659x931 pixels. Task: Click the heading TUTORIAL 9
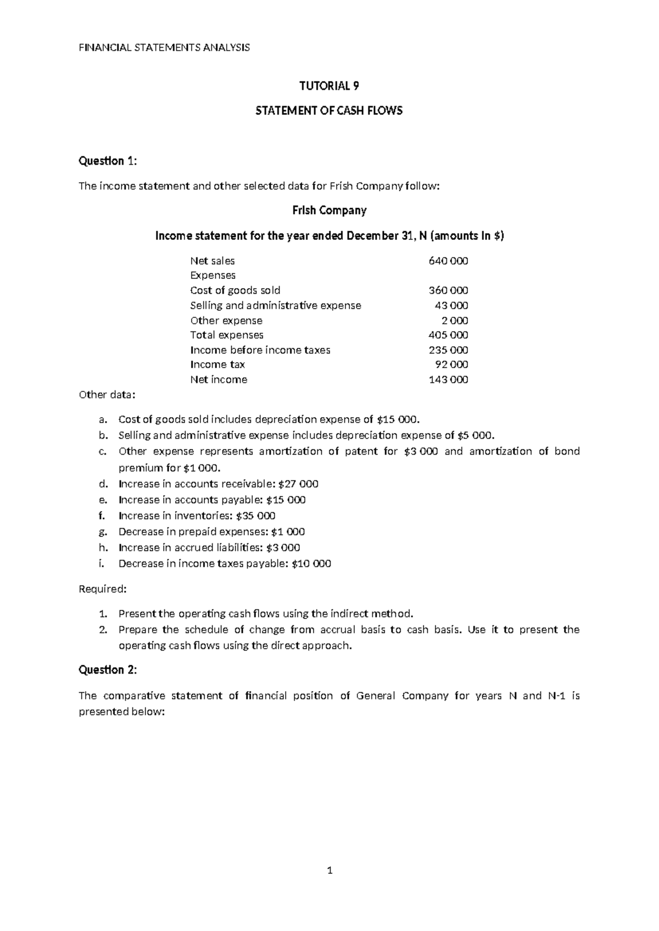tap(329, 86)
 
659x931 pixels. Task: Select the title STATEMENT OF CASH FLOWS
tap(329, 110)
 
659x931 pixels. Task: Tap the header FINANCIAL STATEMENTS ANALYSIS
tap(164, 47)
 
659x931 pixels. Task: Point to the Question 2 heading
tap(108, 670)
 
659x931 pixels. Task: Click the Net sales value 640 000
tap(448, 261)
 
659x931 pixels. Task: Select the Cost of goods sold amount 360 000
tap(448, 290)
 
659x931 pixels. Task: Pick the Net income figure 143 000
tap(448, 379)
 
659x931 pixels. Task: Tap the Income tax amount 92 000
tap(451, 364)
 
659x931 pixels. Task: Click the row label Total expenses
tap(226, 335)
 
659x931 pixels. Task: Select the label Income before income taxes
tap(260, 350)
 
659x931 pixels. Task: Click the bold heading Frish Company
tap(329, 210)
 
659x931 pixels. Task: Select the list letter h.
tap(102, 547)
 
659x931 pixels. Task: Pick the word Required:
tap(103, 589)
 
